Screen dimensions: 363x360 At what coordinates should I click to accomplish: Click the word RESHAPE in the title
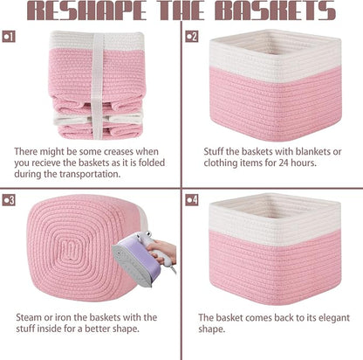86,10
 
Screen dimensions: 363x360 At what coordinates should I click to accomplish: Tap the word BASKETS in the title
276,10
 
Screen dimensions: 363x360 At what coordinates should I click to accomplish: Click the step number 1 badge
9,37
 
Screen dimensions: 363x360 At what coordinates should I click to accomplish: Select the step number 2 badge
191,37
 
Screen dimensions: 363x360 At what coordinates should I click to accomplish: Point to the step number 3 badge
9,200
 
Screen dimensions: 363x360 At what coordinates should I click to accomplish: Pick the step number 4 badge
191,200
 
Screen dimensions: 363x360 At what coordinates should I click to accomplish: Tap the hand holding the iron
163,251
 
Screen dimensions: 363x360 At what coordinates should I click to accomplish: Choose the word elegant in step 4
334,318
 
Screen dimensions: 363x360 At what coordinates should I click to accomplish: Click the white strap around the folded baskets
98,86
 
